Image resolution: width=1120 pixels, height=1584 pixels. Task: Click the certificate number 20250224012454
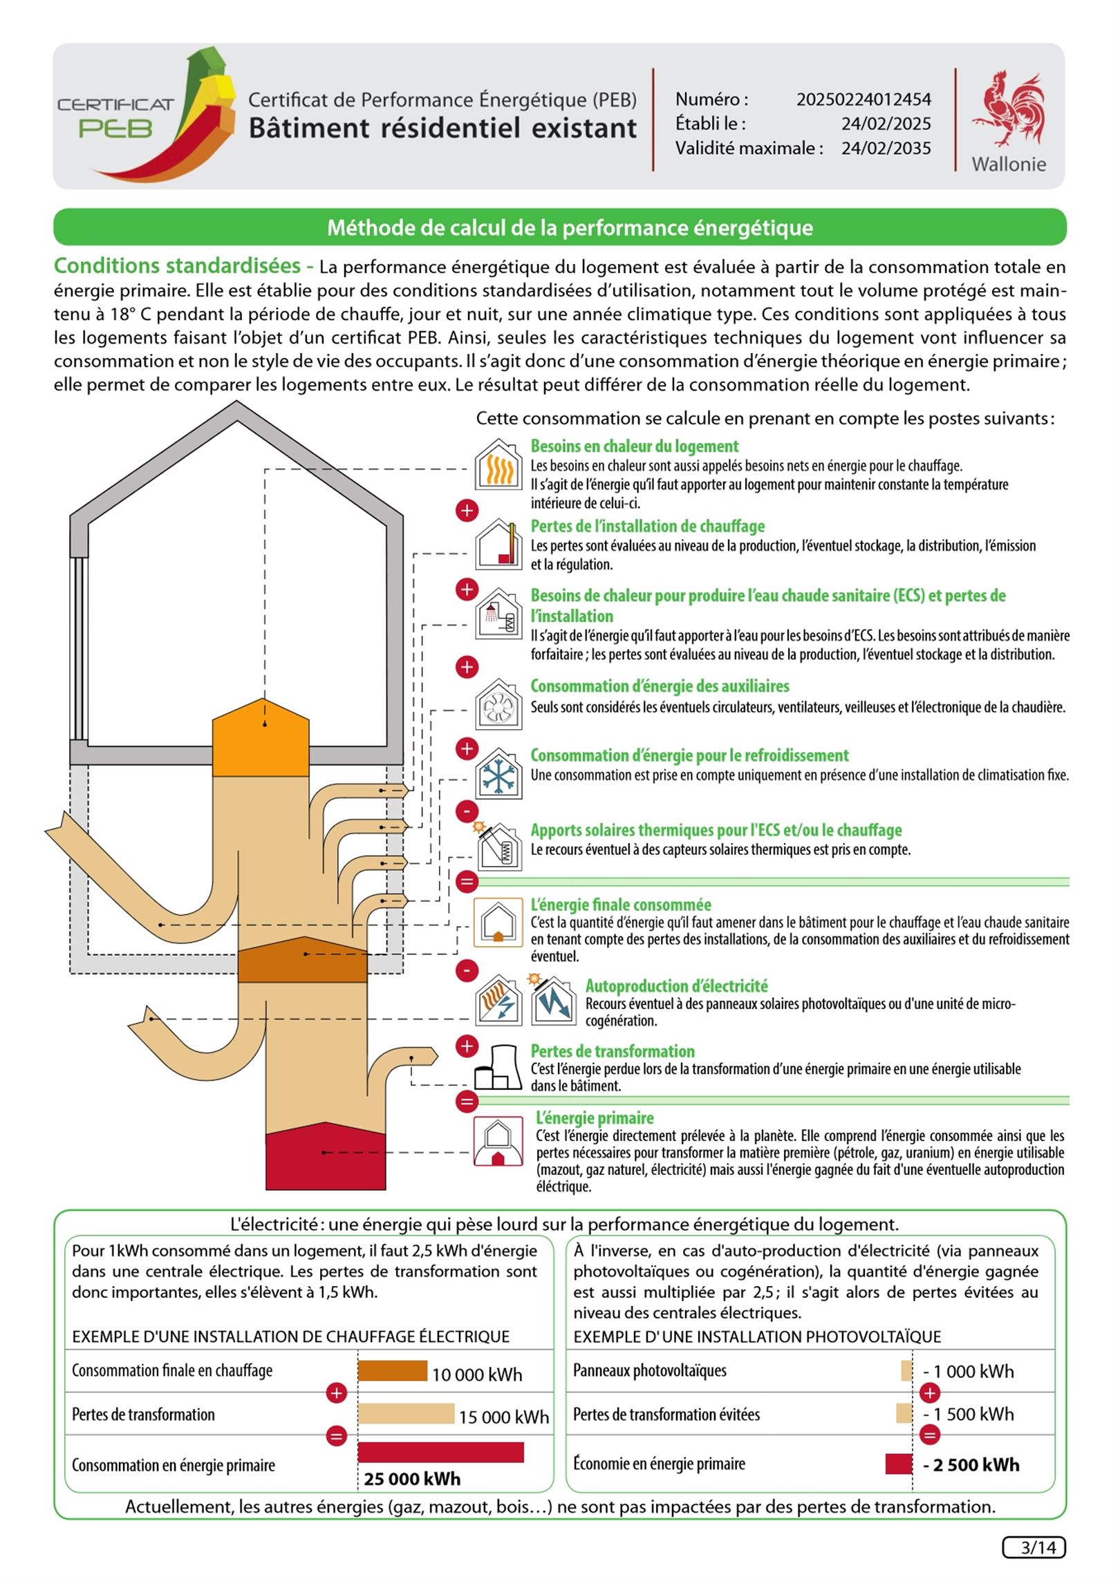coord(864,100)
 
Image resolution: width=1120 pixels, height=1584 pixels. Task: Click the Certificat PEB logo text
coord(115,117)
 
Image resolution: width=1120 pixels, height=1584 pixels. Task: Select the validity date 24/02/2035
coord(886,149)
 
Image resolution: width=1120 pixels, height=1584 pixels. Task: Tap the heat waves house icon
coord(498,466)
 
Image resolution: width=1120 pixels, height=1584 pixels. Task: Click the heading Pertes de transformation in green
coord(613,1051)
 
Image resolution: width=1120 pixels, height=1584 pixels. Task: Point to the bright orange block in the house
coord(260,738)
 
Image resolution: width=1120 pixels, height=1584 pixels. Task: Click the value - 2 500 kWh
coord(971,1464)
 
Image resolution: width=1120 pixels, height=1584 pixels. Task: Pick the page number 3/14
coord(1034,1547)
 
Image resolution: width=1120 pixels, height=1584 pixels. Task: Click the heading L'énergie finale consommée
coord(620,905)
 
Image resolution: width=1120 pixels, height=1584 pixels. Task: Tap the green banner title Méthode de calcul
coord(570,227)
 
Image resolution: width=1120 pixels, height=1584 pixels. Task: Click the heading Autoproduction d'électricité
coord(676,986)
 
